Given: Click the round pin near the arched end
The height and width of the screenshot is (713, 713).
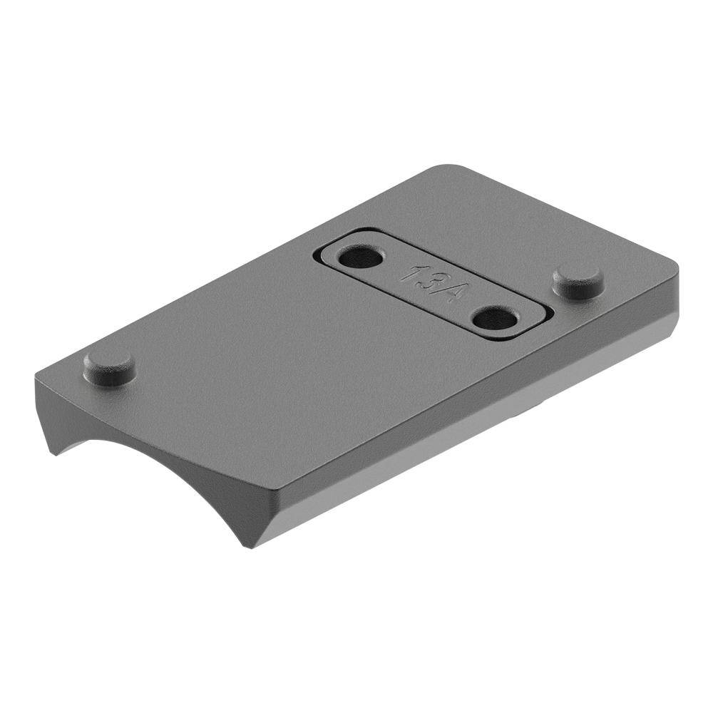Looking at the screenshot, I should pos(110,367).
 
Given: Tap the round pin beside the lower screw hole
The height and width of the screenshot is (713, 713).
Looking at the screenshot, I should pos(578,280).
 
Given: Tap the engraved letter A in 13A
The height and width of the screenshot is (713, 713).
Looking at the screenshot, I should pos(446,291).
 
